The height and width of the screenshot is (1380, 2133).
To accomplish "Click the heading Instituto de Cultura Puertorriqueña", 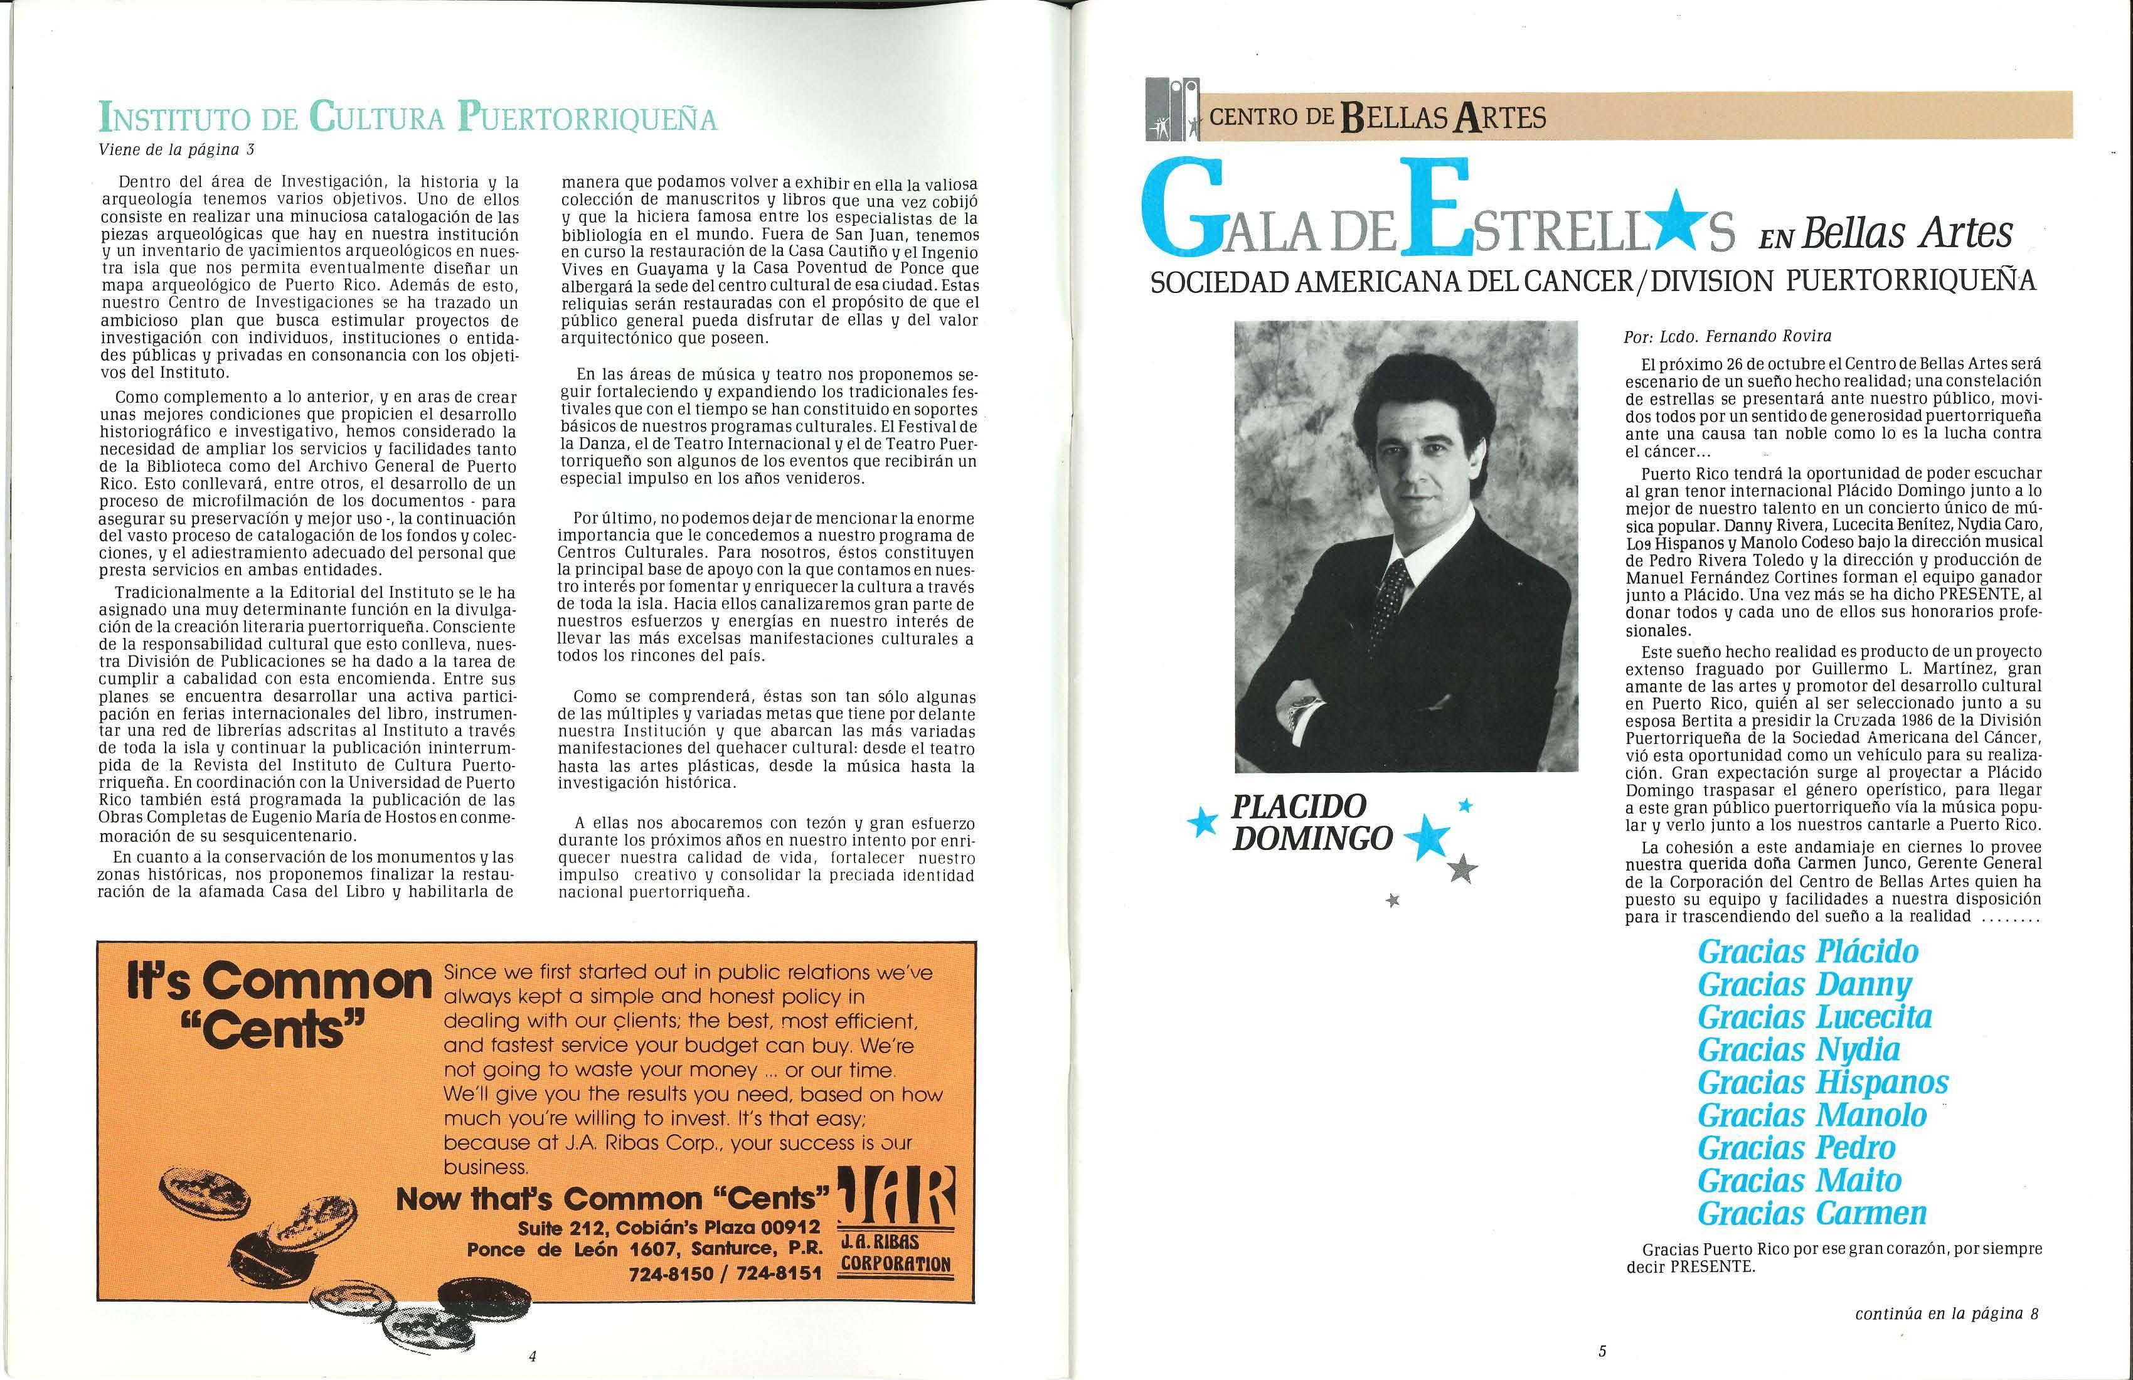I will (408, 120).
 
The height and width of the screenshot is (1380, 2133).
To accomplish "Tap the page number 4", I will (533, 1355).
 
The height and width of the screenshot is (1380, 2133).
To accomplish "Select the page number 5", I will (1602, 1351).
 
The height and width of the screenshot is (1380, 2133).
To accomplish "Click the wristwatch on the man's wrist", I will (1295, 714).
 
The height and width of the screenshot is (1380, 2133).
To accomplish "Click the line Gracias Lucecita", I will (1814, 1017).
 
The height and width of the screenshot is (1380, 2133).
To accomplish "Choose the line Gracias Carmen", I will (1811, 1213).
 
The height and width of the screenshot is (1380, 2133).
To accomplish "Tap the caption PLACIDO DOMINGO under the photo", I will (1312, 822).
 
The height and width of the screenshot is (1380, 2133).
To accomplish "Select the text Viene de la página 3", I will (178, 150).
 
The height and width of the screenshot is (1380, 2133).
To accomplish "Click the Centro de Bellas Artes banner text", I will (1378, 117).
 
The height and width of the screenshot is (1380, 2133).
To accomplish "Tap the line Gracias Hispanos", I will (1823, 1083).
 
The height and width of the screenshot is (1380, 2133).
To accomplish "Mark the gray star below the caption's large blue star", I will (1462, 868).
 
